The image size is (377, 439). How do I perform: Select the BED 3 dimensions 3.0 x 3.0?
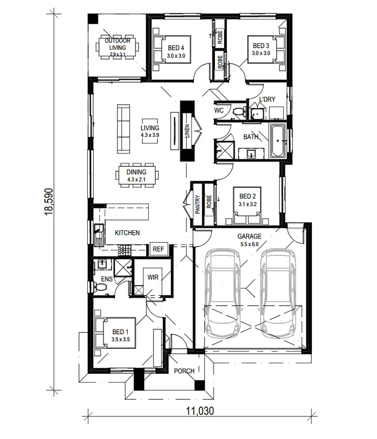coord(261,53)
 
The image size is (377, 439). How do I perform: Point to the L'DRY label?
coord(267,99)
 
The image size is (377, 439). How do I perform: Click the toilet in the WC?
coord(238,111)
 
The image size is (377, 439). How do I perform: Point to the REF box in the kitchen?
coord(158,249)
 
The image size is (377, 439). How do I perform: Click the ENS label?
coord(106,280)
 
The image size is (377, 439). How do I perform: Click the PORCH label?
coord(184,371)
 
